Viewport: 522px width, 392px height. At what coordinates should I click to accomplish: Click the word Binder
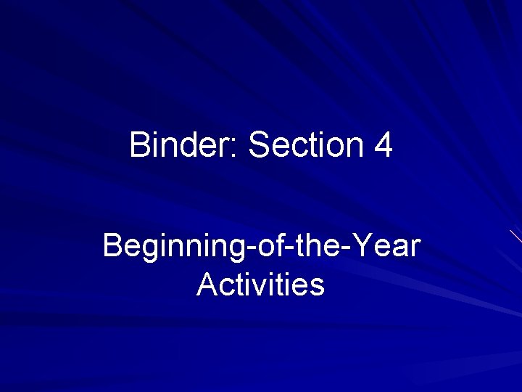183,145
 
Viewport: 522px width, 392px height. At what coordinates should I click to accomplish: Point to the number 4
384,145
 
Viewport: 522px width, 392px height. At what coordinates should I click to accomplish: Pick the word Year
389,246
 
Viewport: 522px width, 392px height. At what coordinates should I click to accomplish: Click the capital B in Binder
139,145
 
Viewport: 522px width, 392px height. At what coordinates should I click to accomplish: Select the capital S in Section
259,145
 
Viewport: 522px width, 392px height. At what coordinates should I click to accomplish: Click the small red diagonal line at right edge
515,236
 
